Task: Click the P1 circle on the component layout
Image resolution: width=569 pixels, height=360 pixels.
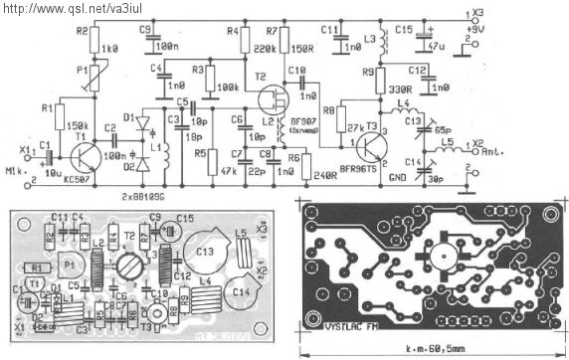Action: click(x=71, y=267)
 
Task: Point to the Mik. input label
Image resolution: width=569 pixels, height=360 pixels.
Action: click(x=17, y=170)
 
